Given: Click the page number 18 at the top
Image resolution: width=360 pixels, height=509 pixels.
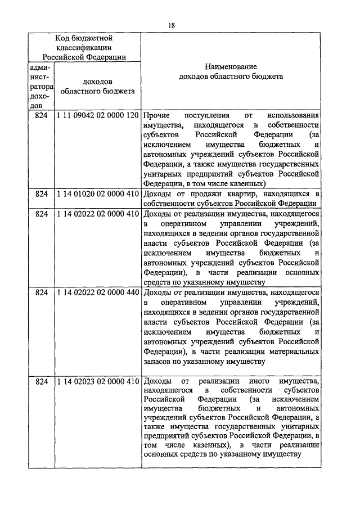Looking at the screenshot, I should point(172,25).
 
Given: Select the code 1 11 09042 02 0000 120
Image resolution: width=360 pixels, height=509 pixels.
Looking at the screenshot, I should point(97,115).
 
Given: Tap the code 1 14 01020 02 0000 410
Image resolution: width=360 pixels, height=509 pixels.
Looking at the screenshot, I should point(97,194).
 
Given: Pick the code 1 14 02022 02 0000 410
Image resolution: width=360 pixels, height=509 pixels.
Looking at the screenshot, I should point(97,214).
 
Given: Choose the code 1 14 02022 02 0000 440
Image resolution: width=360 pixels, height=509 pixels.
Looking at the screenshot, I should point(97,293).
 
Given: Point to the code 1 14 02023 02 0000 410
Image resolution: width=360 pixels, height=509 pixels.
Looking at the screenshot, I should point(97,382).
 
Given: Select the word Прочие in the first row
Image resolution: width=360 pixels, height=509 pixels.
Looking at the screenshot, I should point(156,115).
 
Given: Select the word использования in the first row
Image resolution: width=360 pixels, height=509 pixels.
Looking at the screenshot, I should point(293,115).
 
